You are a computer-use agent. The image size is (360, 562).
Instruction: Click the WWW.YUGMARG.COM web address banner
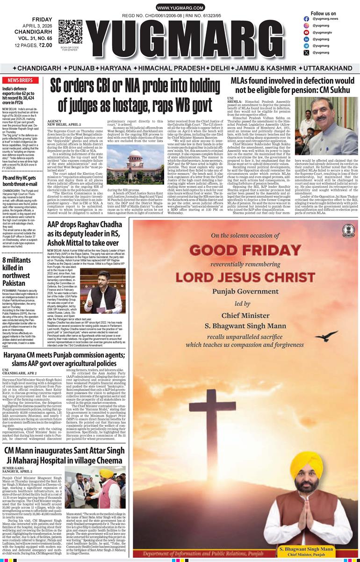click(180, 8)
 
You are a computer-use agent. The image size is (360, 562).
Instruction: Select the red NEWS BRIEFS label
click(20, 80)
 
